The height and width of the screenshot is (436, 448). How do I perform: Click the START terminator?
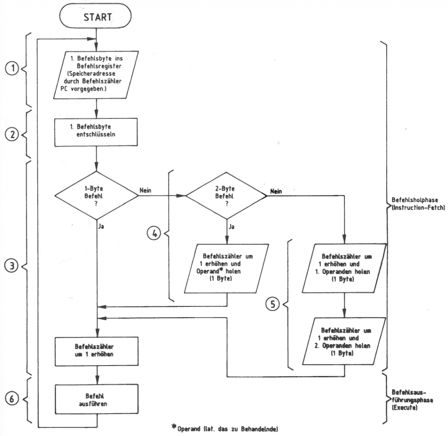point(95,17)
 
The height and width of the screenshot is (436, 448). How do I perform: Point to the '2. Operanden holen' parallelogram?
point(344,342)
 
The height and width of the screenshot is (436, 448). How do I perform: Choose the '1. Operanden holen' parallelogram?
point(344,267)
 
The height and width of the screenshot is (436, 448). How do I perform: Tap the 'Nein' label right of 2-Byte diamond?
point(276,191)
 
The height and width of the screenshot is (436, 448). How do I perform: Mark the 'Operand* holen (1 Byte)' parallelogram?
point(226,267)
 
